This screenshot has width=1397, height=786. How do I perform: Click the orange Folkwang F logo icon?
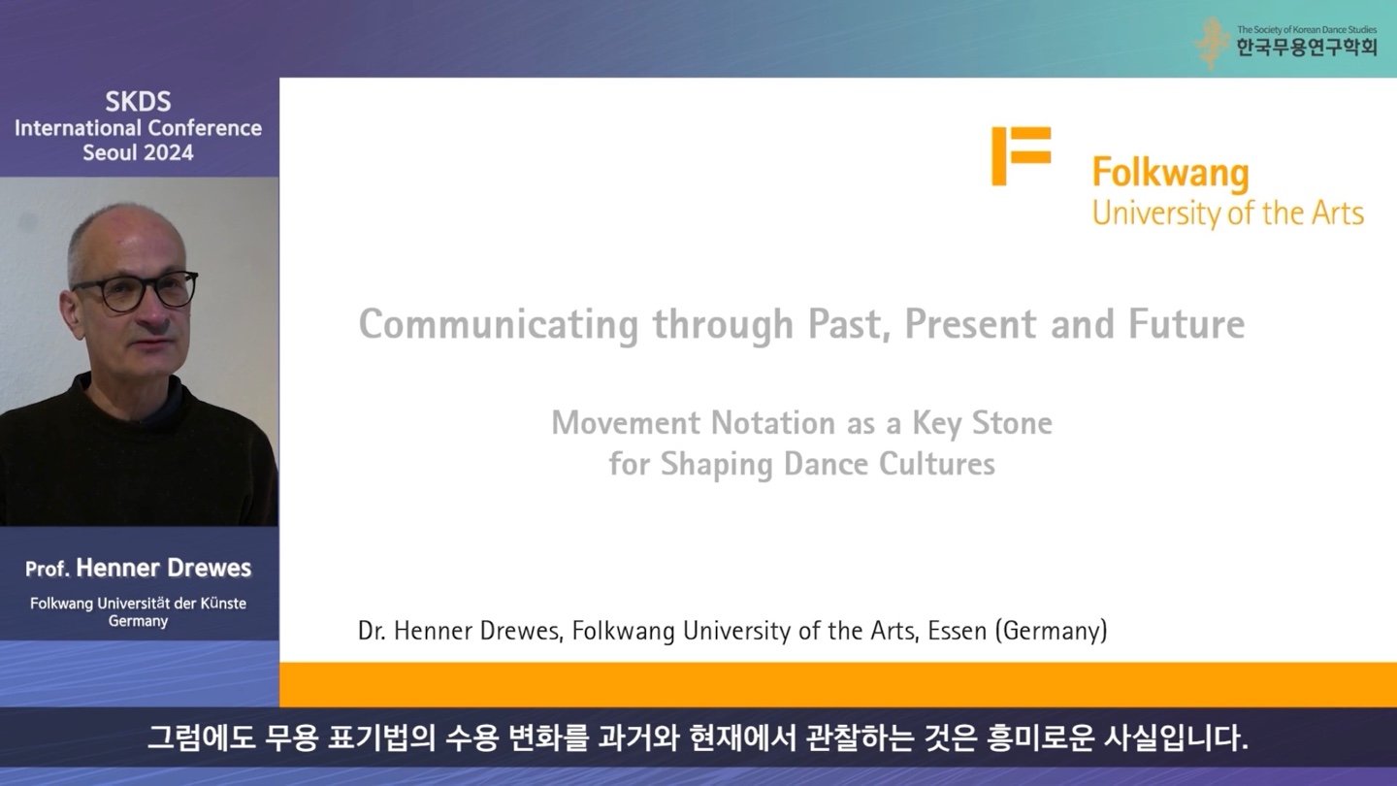click(1021, 156)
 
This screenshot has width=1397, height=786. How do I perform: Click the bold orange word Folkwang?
click(1171, 173)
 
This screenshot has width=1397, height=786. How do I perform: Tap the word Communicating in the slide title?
click(499, 325)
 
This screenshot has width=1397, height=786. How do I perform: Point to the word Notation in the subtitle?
click(773, 423)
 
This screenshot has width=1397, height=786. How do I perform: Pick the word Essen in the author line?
click(958, 631)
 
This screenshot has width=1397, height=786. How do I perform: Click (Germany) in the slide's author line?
click(1052, 631)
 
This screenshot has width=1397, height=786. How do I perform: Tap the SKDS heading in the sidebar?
click(138, 102)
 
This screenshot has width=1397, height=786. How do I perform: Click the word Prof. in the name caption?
click(48, 569)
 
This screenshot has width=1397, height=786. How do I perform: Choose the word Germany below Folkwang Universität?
click(138, 621)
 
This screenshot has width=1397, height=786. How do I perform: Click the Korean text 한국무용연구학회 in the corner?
click(1307, 48)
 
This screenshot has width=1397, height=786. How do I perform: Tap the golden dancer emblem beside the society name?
click(1211, 43)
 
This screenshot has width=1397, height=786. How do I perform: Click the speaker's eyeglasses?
click(136, 291)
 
